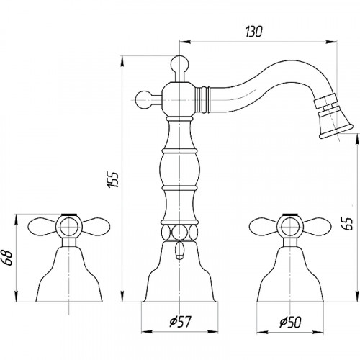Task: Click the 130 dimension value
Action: coord(254,32)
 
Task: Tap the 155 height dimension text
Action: coord(113,179)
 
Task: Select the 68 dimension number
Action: coord(8,258)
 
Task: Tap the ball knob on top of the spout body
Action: coord(180,63)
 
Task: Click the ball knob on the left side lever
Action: coord(143,99)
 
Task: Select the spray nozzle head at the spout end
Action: coord(333,117)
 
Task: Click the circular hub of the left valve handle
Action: coord(69,227)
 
